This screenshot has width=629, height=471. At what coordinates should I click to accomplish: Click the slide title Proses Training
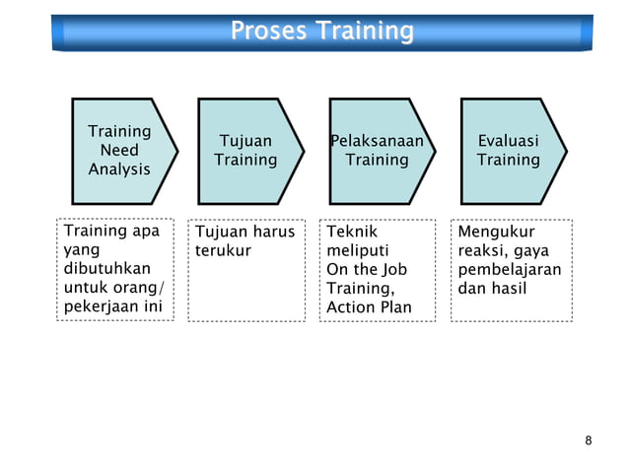(x=321, y=32)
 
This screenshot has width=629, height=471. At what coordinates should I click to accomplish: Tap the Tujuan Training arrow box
(x=245, y=150)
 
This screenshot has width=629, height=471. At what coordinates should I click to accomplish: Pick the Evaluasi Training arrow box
(x=509, y=150)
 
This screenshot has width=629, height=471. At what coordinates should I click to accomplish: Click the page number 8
(x=589, y=440)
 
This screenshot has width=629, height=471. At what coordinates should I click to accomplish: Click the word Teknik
(x=352, y=233)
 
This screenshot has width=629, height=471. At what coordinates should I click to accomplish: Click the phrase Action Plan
(x=369, y=307)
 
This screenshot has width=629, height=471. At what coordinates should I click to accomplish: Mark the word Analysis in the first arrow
(x=119, y=168)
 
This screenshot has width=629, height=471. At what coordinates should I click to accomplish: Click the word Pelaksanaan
(x=377, y=141)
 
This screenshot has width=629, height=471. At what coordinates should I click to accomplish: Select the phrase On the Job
(x=367, y=270)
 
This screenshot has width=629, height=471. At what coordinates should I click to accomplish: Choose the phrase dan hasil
(x=492, y=289)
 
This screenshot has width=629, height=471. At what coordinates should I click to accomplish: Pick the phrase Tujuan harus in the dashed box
(x=245, y=233)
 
